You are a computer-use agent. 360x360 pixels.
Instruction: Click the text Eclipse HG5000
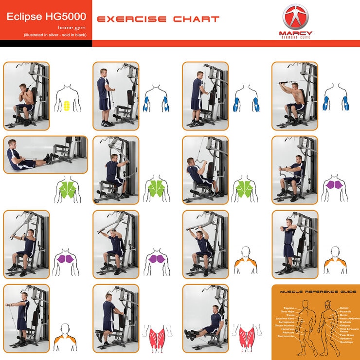[40, 17]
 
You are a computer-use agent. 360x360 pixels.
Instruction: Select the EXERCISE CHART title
[158, 19]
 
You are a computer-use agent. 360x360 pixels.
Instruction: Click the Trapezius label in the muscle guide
[288, 308]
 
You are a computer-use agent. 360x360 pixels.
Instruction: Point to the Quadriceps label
[347, 342]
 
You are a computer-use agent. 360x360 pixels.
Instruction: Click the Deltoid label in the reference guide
[344, 308]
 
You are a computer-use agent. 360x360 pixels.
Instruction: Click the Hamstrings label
[287, 329]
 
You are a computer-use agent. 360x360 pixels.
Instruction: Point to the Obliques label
[345, 325]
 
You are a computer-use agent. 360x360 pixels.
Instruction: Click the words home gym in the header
[70, 28]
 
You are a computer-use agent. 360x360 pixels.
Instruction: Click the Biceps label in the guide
[344, 315]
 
